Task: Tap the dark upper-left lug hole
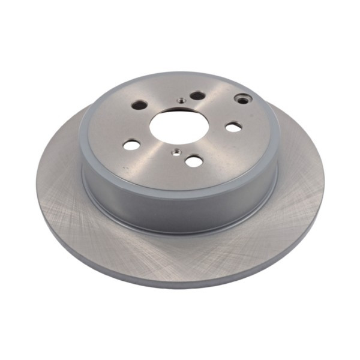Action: [140, 105]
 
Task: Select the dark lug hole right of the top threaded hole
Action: [197, 96]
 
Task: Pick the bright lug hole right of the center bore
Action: [233, 127]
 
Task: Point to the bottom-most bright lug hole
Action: [193, 161]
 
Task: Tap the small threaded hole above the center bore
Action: [180, 100]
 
